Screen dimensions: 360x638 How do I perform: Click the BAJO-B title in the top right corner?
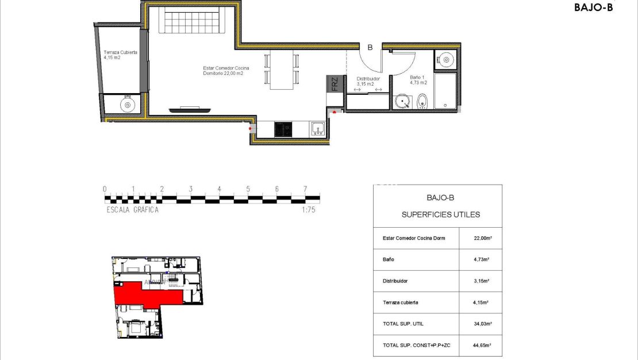pyautogui.click(x=593, y=7)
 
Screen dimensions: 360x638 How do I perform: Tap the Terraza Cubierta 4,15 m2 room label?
pyautogui.click(x=120, y=55)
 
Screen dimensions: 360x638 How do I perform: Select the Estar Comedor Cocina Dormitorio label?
pyautogui.click(x=226, y=71)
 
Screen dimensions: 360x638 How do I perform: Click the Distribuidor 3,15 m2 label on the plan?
pyautogui.click(x=368, y=81)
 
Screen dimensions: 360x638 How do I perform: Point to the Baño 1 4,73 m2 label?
pyautogui.click(x=418, y=79)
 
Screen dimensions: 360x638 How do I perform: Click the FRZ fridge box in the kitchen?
pyautogui.click(x=334, y=85)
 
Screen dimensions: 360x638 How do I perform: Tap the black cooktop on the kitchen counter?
pyautogui.click(x=283, y=129)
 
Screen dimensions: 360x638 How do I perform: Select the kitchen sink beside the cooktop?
pyautogui.click(x=318, y=129)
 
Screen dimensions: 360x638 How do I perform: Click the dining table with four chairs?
pyautogui.click(x=282, y=70)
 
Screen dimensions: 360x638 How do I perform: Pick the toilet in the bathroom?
pyautogui.click(x=422, y=101)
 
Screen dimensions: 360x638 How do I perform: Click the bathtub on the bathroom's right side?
pyautogui.click(x=445, y=90)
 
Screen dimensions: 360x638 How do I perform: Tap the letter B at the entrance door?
pyautogui.click(x=370, y=48)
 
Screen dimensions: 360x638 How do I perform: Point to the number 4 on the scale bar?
pyautogui.click(x=219, y=189)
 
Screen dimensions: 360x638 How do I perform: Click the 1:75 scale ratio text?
pyautogui.click(x=309, y=210)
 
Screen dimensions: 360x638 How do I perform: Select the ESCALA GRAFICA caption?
pyautogui.click(x=133, y=210)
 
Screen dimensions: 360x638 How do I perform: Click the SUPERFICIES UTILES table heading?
pyautogui.click(x=440, y=215)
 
